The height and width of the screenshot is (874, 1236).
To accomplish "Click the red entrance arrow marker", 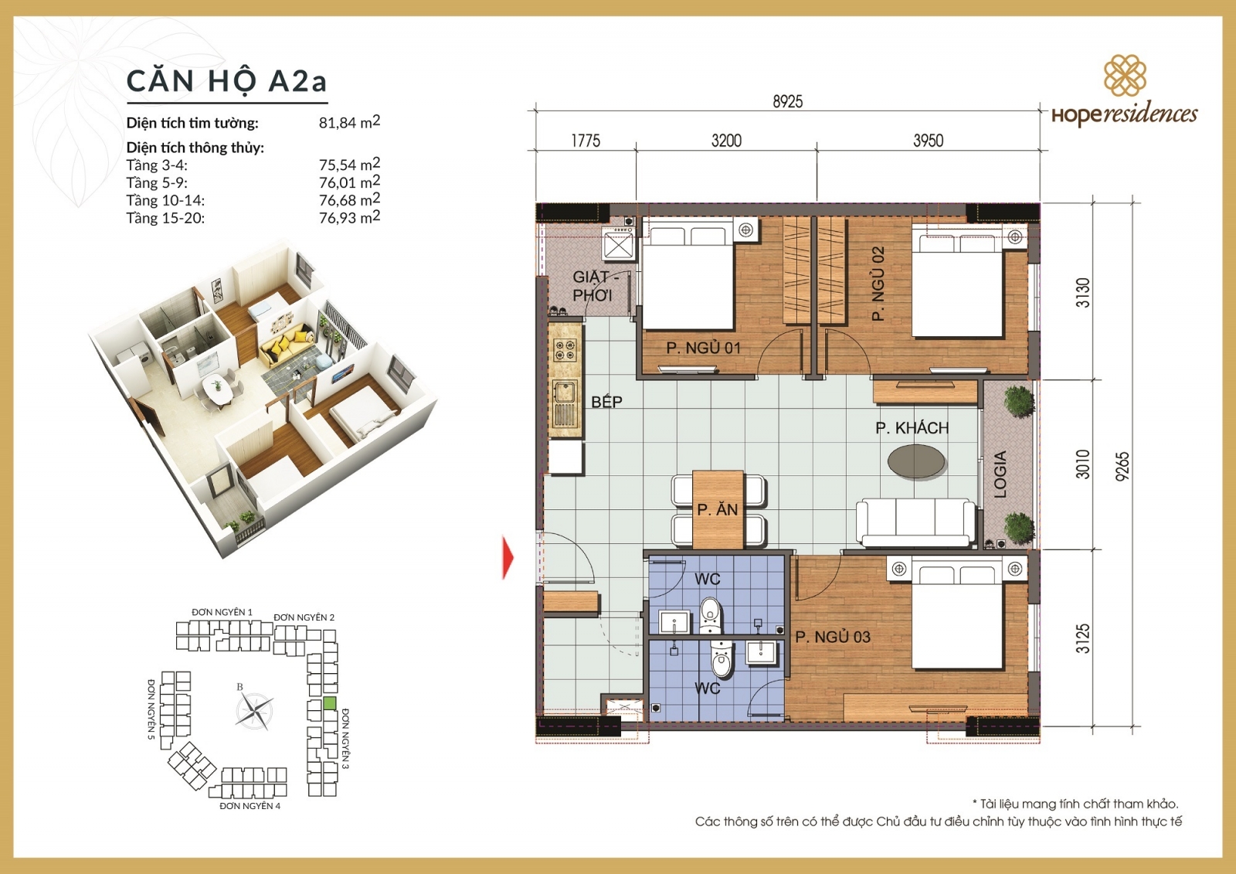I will pos(508,557).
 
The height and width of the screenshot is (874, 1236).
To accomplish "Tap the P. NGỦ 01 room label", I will pos(703,349).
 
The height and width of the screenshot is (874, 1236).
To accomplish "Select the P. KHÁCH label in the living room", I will pos(912,428).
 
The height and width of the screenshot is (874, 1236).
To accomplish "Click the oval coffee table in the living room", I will pos(916,462).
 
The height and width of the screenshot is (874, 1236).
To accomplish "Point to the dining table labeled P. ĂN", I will pos(718,509).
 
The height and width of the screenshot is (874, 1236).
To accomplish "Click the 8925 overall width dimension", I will pos(787,102).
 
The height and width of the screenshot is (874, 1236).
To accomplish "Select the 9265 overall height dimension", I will pos(1122,466).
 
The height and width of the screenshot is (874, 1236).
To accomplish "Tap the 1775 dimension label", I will pos(585,141).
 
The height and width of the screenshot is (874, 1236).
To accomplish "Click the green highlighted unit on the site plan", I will pos(330,703).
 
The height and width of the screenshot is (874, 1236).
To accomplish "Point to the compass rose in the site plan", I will pos(254,711).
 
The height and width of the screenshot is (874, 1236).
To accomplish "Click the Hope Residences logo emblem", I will pos(1124,75).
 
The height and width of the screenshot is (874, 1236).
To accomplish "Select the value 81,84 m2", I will pos(349,122).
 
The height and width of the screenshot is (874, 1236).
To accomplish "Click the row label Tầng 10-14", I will pos(165,201).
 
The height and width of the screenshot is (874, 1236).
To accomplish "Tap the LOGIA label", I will pos(1000,474).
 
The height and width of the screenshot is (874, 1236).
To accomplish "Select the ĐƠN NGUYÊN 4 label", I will pos(250,806).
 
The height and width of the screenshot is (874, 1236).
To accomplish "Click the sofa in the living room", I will pos(915,522).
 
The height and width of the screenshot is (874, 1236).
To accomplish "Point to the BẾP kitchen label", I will pos(606,402).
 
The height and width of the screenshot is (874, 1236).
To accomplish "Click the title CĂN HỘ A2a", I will pos(226,81).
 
